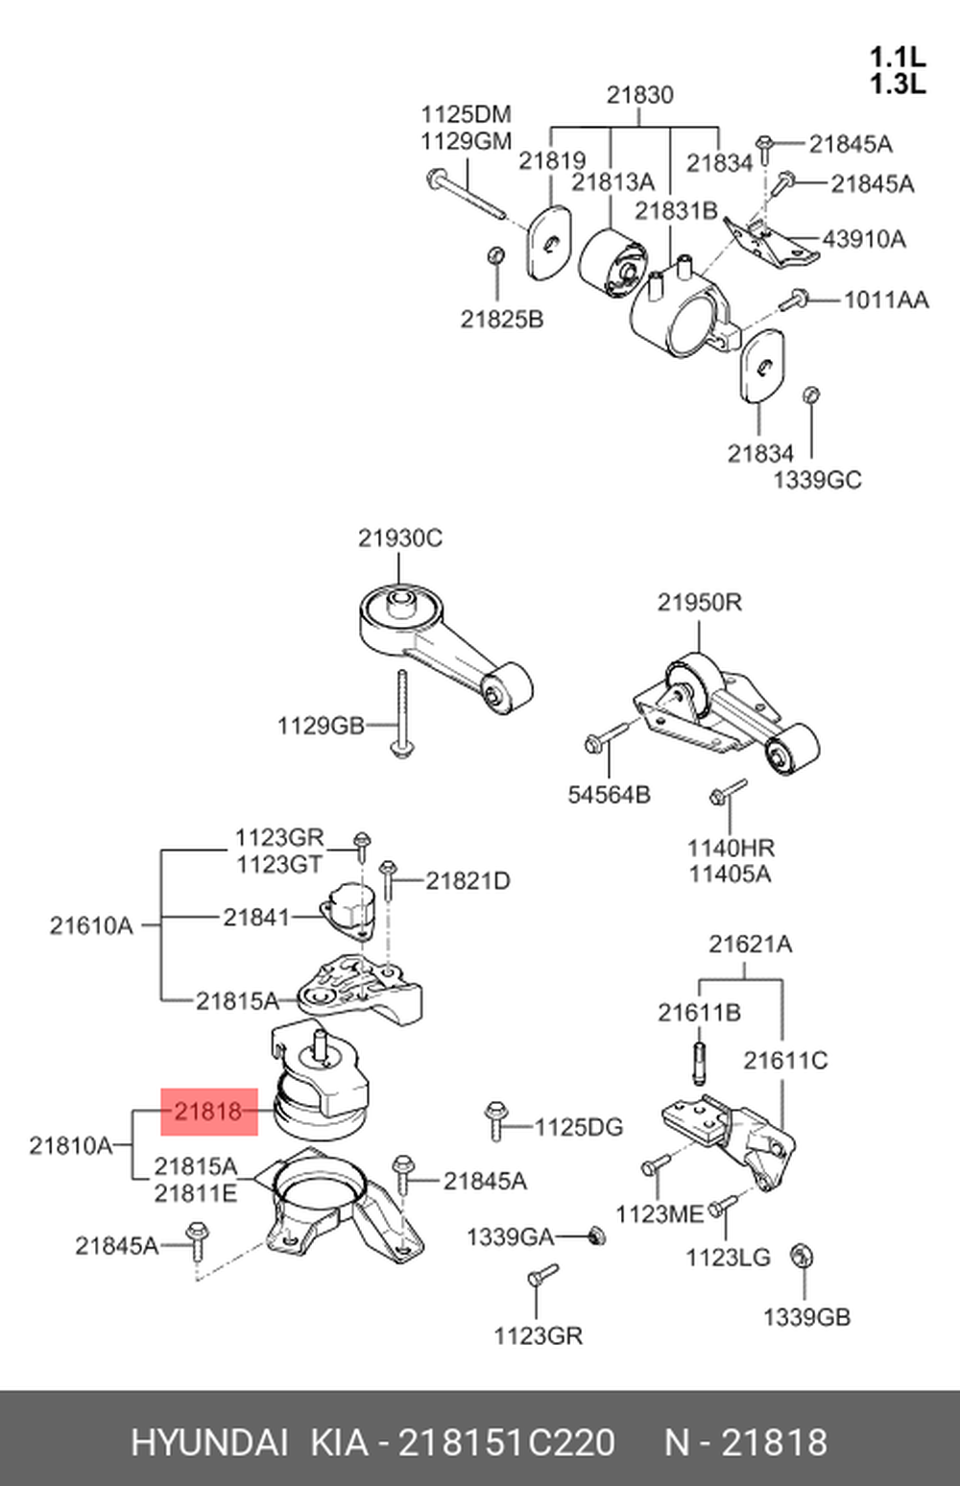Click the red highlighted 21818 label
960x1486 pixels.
click(208, 1112)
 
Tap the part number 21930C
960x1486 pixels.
click(400, 538)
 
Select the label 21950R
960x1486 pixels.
click(699, 602)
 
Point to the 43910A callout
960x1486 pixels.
click(863, 238)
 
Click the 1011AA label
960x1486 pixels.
click(885, 300)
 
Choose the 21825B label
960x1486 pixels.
click(501, 319)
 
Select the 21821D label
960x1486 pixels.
click(468, 879)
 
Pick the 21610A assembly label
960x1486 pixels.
click(91, 925)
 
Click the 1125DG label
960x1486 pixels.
click(578, 1126)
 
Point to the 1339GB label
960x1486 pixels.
click(806, 1317)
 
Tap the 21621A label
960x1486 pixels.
click(750, 944)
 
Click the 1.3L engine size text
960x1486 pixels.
click(897, 84)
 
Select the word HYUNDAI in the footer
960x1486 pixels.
click(208, 1442)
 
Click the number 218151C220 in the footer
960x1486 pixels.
click(506, 1442)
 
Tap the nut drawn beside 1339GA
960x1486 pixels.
click(596, 1235)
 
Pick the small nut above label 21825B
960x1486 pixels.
click(496, 255)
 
